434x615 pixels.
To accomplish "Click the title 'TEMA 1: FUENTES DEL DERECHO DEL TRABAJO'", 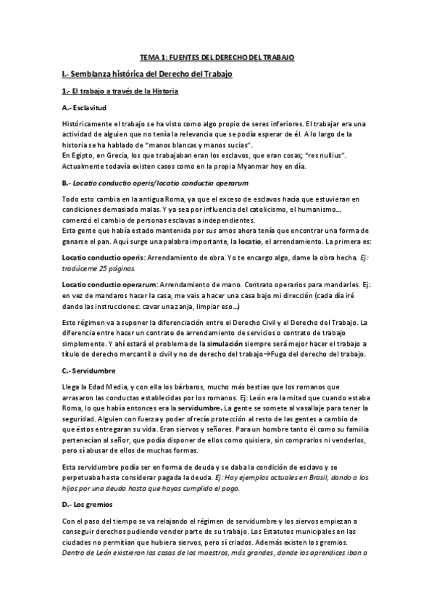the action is [217, 57].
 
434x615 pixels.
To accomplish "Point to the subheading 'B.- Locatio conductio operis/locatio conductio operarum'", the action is [156, 183].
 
